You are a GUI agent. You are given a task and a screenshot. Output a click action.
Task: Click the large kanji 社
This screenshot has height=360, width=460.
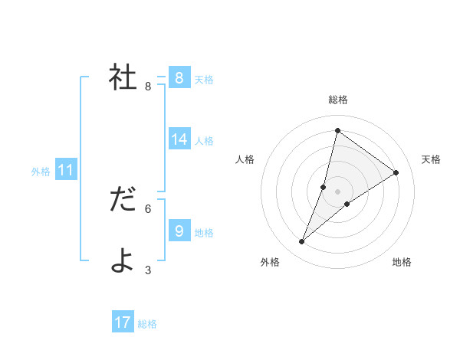coord(123,77)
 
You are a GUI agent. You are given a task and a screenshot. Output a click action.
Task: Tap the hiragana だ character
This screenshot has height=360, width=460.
coord(123,200)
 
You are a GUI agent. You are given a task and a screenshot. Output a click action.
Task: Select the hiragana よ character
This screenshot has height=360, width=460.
coord(123,261)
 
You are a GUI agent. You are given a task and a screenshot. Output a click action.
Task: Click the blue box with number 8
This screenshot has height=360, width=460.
coord(179,77)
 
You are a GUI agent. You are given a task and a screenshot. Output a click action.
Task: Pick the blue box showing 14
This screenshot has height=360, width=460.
coord(179,139)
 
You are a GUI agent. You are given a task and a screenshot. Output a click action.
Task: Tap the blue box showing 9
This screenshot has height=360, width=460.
coord(179,231)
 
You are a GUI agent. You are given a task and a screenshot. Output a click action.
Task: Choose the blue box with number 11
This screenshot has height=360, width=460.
coord(65,169)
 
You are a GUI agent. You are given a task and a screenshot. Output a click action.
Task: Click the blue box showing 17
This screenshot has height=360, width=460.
coord(123,322)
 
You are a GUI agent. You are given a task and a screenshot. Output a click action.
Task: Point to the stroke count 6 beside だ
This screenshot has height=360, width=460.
coord(148,208)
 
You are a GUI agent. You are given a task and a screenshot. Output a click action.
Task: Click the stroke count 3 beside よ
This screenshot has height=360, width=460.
coord(148,270)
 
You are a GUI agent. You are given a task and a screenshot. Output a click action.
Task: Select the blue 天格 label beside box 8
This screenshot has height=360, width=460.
coord(204,80)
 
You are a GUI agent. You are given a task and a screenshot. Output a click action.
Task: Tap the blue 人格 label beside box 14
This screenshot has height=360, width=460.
coord(204,141)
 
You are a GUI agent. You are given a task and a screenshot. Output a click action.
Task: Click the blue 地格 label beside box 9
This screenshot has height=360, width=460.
coord(204,233)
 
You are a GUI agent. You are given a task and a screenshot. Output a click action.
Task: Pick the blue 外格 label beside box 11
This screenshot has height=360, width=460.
coord(41,172)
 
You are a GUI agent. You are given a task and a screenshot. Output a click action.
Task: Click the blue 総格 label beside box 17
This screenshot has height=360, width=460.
coord(147,325)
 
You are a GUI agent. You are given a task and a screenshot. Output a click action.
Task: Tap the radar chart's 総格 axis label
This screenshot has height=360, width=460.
coord(337,100)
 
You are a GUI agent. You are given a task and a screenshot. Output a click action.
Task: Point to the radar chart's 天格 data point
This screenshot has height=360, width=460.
coord(396,172)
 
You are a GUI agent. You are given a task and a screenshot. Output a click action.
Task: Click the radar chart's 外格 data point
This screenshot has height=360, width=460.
coord(302,242)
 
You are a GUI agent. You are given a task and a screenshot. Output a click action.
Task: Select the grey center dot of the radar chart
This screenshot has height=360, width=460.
coord(337,191)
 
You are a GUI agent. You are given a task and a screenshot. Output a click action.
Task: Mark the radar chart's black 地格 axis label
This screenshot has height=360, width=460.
coord(402,262)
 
